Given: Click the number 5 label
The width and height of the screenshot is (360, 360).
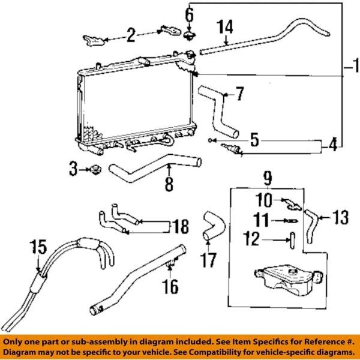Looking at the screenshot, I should coord(254,141).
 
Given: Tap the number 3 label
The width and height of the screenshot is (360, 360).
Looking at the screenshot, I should coord(73,170).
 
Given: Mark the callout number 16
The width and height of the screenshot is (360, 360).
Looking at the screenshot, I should coord(171,287).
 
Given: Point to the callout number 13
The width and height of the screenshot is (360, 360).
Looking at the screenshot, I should coord(340,218).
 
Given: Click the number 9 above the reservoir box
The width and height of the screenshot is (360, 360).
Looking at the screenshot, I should coord(267,178).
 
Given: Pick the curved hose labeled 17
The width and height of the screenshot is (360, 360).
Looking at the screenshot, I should coord(211,227).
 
